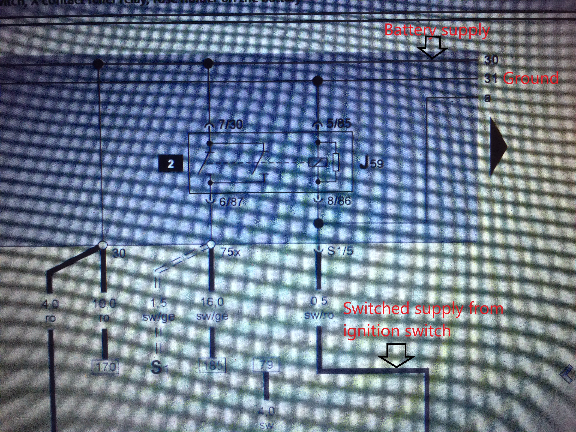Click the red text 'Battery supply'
click(x=437, y=31)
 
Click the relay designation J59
click(x=371, y=163)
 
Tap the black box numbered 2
click(x=171, y=164)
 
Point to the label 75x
click(x=230, y=252)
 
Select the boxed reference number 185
click(x=212, y=365)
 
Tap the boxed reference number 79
click(x=266, y=365)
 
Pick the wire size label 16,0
click(x=212, y=302)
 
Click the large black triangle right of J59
click(x=497, y=147)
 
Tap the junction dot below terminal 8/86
click(x=318, y=223)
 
